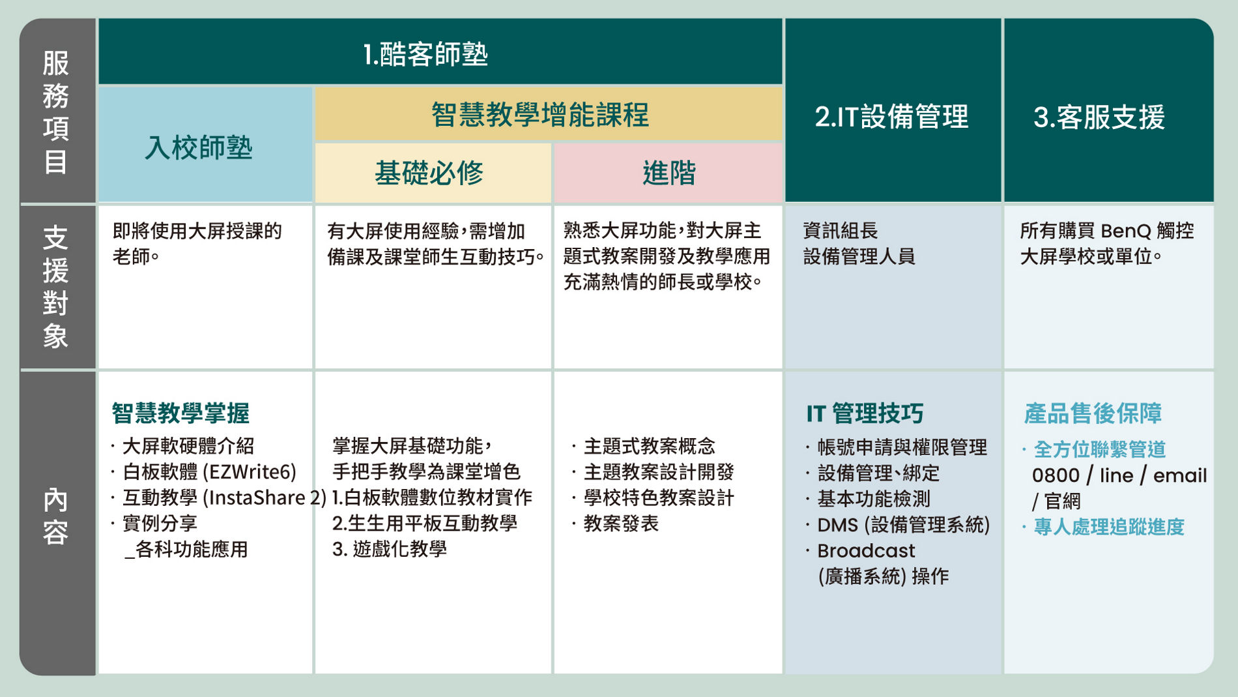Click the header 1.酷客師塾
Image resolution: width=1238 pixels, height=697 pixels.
425,54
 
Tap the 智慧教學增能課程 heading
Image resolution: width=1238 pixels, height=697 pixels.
540,115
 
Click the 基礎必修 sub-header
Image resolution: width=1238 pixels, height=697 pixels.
429,173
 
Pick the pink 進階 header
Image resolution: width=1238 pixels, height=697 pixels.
669,173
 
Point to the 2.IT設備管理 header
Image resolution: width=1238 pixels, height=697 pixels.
891,117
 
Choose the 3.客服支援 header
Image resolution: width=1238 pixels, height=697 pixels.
1099,117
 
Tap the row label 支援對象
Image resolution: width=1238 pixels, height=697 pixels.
56,287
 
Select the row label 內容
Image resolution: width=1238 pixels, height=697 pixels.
56,516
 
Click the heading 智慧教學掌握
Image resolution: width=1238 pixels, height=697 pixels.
180,413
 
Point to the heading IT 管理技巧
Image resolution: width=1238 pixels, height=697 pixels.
865,413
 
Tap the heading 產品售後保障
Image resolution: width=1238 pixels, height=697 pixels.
1093,413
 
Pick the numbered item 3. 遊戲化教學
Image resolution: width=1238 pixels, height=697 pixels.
390,549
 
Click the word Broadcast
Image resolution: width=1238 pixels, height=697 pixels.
866,551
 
